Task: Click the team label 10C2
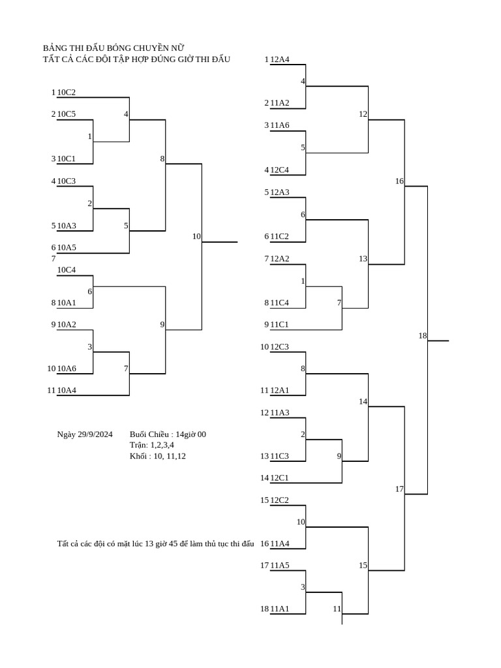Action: pos(67,93)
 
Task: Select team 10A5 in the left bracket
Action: pos(67,247)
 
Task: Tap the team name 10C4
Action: pos(67,269)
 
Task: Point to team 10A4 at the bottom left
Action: pos(67,390)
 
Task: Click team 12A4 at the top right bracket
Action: pos(280,59)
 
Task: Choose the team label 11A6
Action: pos(280,125)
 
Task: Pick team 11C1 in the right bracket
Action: pos(279,325)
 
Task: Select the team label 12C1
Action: pos(279,478)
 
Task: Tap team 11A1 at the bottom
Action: pos(280,609)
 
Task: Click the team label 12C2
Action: pos(279,500)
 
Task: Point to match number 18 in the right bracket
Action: pos(422,336)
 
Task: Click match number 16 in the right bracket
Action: pos(399,181)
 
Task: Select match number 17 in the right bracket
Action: pos(399,489)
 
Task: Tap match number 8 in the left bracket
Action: pos(162,159)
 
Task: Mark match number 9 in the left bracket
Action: pos(162,325)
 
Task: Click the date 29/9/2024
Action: pos(95,434)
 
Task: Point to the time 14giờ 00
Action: pos(191,434)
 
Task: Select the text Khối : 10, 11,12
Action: pos(158,456)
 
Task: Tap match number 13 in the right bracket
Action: pos(363,258)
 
